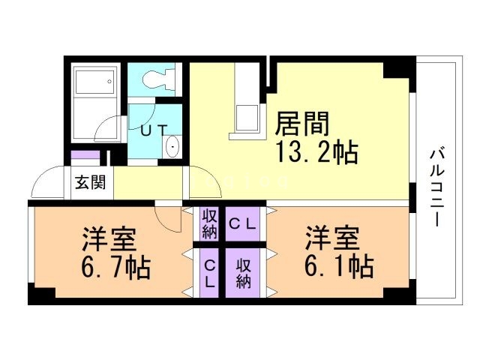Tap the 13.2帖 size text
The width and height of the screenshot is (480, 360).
click(x=316, y=153)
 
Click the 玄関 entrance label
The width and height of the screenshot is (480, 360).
click(x=89, y=182)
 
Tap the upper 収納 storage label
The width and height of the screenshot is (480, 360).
click(x=209, y=223)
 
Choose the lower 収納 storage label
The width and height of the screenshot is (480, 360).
click(x=243, y=273)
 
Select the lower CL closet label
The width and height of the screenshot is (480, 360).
click(x=209, y=273)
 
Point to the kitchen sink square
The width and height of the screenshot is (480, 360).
click(x=247, y=118)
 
